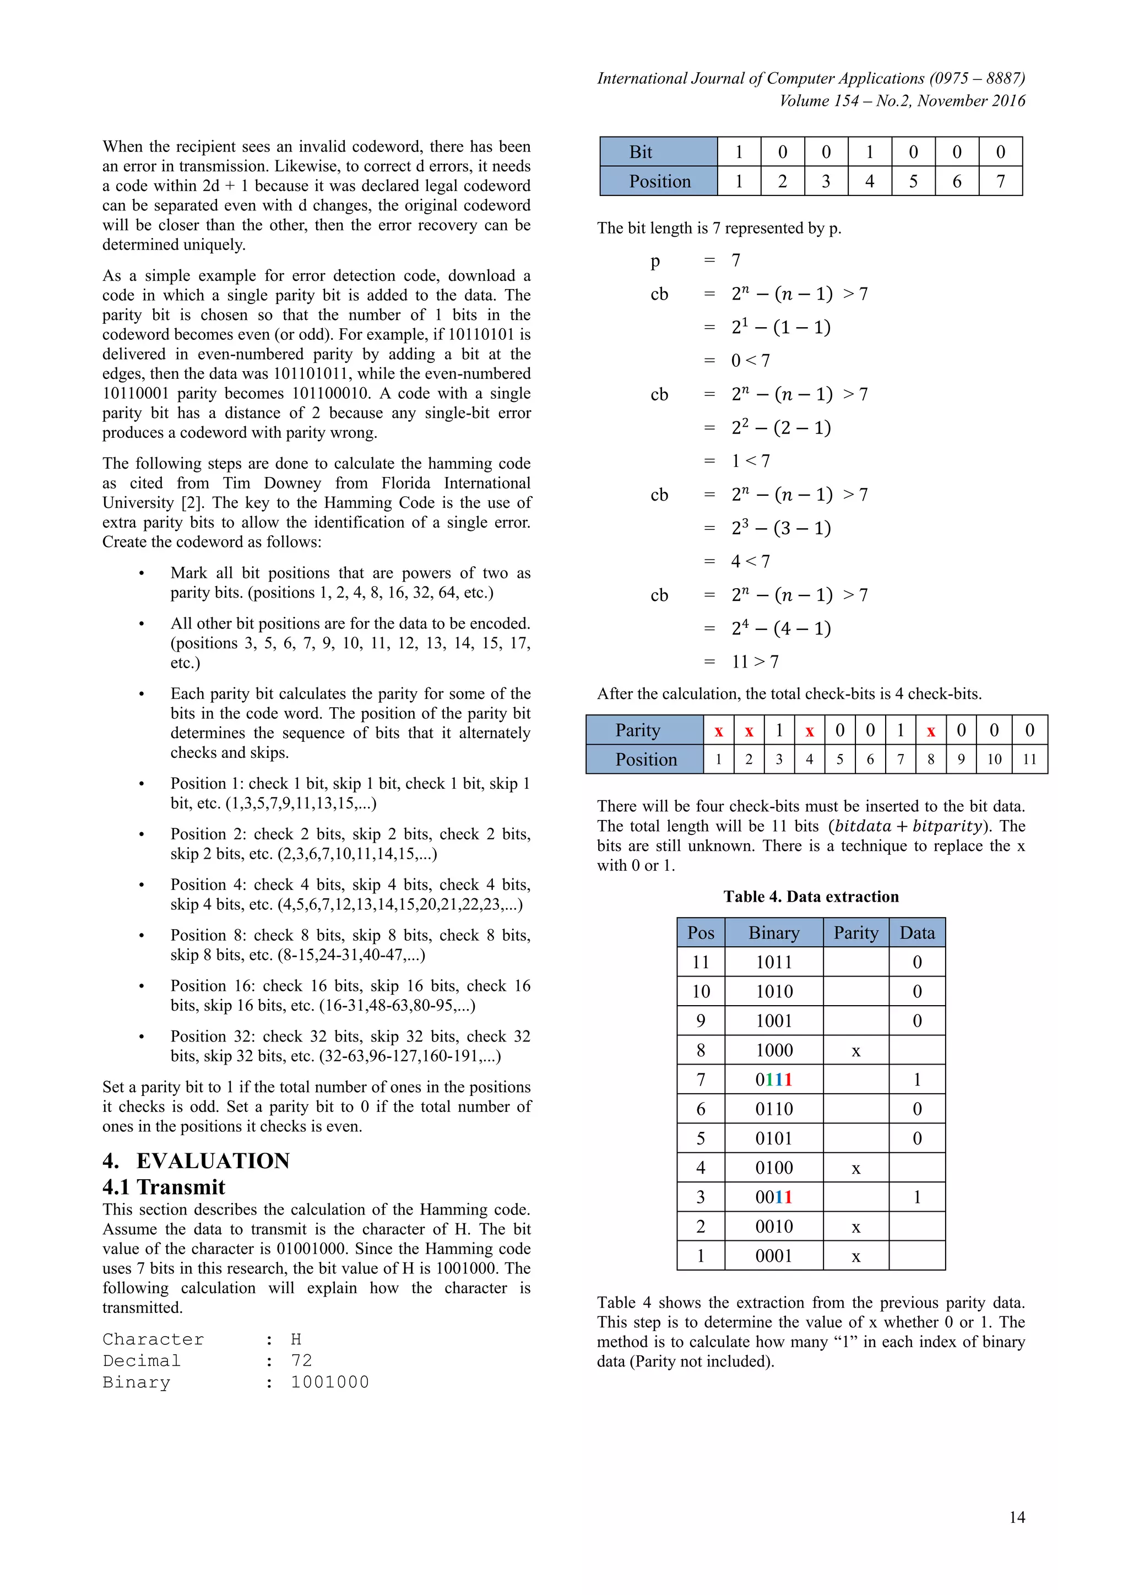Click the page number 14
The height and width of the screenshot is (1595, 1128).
(1017, 1517)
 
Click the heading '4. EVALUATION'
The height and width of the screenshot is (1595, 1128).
(196, 1161)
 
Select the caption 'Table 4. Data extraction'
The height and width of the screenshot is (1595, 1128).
(811, 897)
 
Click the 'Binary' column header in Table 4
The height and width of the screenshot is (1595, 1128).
(774, 933)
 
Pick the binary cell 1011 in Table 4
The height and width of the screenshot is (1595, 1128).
(774, 962)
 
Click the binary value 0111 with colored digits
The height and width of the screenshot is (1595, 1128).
(774, 1079)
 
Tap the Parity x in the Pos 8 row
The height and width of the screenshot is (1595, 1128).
(856, 1051)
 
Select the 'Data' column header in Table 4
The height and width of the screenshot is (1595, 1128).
(917, 933)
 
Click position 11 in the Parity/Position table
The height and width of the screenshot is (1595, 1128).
(1029, 759)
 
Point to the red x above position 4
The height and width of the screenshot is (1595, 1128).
(809, 731)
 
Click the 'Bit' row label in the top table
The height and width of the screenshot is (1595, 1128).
(641, 152)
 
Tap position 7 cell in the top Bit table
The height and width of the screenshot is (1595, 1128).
(1000, 181)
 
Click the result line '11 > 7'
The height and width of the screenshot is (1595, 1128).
(755, 662)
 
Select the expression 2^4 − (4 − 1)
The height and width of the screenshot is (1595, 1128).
(780, 628)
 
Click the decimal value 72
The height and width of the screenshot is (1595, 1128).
(301, 1361)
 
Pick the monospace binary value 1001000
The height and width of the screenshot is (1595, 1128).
(329, 1382)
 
